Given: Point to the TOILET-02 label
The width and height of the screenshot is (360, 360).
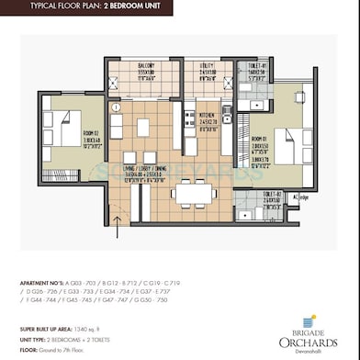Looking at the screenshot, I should [244, 195].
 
